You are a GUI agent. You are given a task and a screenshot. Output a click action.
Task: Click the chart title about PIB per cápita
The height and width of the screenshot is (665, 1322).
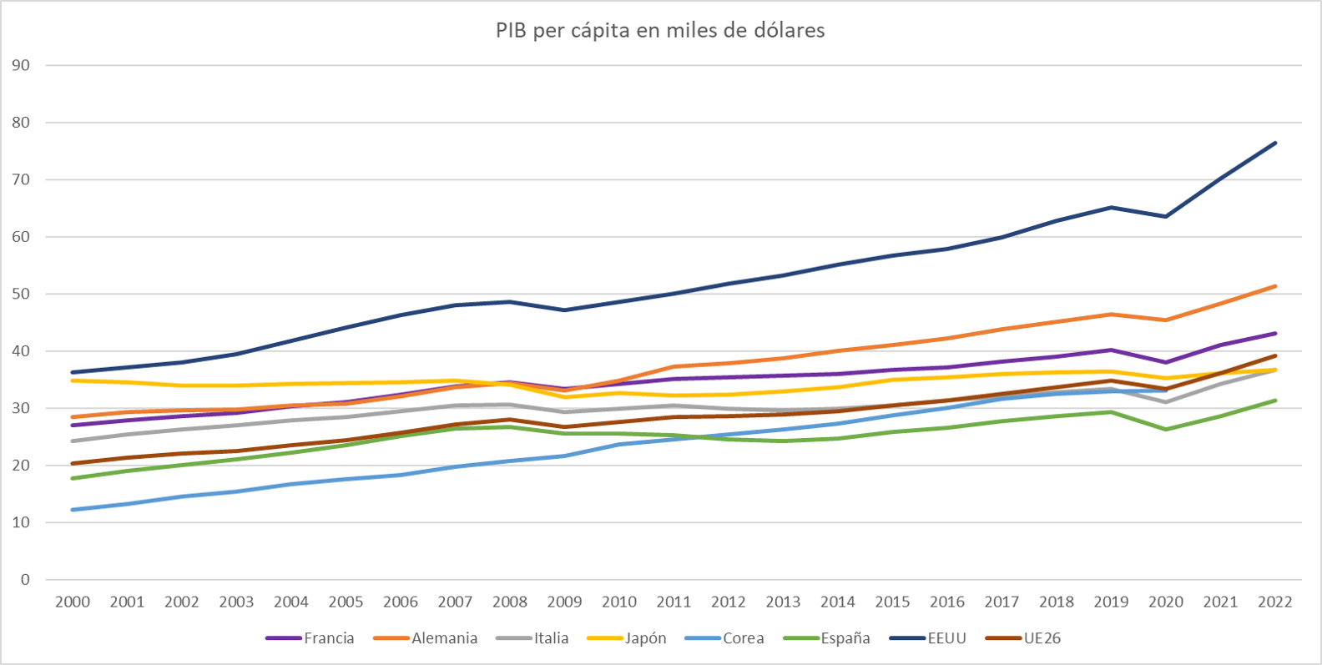[x=660, y=31]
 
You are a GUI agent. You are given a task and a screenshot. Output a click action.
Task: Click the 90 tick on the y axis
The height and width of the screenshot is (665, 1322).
[x=21, y=65]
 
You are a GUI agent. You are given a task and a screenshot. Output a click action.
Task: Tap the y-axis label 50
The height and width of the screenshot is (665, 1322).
[x=21, y=294]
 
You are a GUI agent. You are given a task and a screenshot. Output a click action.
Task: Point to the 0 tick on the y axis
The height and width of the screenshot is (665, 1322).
[x=25, y=579]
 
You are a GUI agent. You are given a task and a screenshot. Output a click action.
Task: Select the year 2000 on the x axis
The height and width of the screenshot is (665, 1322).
[x=73, y=602]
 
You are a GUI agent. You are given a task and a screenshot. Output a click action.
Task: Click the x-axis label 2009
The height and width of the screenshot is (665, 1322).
[x=564, y=602]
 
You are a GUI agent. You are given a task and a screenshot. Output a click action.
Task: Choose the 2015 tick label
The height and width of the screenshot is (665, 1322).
[x=892, y=602]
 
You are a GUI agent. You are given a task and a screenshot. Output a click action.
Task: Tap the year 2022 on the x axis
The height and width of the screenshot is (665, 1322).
[x=1274, y=602]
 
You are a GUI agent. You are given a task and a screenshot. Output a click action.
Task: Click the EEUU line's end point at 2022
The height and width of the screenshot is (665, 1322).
[x=1274, y=143]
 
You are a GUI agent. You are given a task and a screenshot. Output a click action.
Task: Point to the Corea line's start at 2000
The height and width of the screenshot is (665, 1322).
[x=73, y=510]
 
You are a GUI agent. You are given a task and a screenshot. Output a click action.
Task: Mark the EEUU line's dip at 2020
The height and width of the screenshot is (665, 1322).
[x=1165, y=216]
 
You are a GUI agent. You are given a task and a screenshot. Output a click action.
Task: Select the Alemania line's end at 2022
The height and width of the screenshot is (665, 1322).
[x=1274, y=286]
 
